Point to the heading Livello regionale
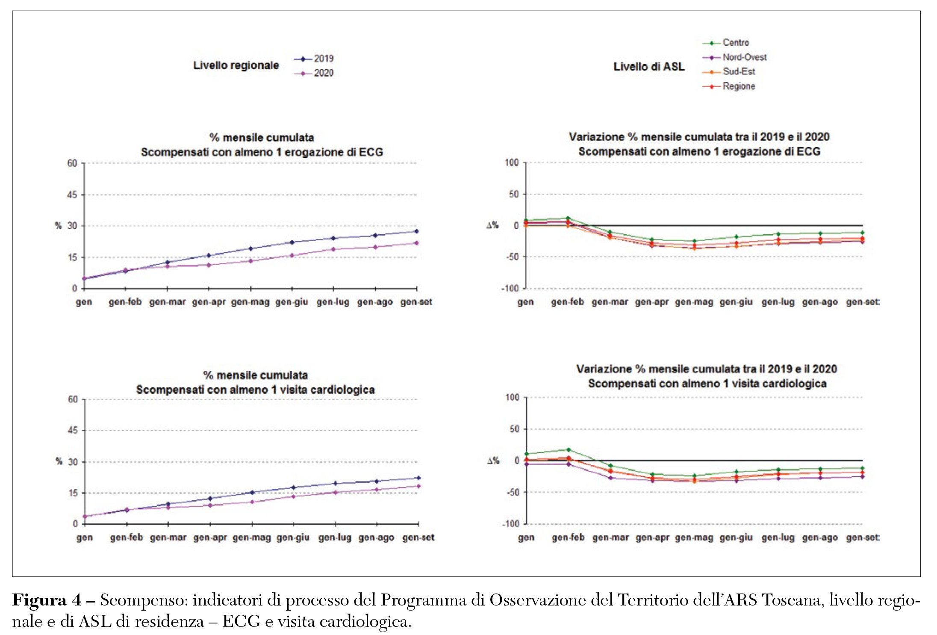[x=236, y=65]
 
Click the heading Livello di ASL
[x=649, y=67]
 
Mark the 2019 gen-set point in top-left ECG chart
[x=417, y=231]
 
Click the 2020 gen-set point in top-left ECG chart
[x=417, y=243]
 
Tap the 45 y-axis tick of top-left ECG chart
[x=72, y=195]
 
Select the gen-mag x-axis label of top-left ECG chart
[x=250, y=302]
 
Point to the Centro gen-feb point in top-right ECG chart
[x=568, y=218]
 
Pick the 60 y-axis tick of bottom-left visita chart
[x=73, y=399]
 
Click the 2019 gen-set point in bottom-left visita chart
[x=418, y=478]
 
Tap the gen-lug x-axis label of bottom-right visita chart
[x=778, y=538]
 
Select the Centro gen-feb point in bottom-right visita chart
[x=569, y=449]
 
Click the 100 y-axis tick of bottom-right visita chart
[x=513, y=397]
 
